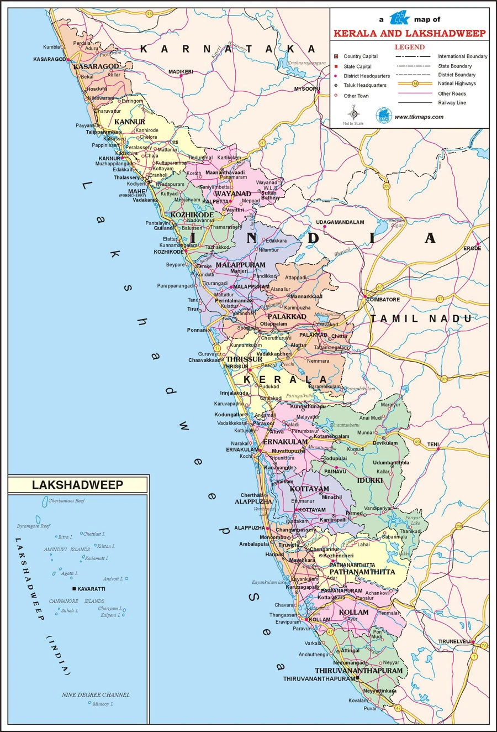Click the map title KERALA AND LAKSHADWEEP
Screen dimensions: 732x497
[409, 33]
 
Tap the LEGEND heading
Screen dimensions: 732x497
[409, 47]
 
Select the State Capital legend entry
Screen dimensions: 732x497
[357, 66]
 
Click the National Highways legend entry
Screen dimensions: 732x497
[457, 83]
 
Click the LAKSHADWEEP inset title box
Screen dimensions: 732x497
[77, 485]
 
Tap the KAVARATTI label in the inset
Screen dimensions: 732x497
[91, 589]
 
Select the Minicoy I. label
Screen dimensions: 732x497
[102, 704]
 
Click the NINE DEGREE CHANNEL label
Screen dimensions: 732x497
[96, 694]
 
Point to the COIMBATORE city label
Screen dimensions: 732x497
[383, 300]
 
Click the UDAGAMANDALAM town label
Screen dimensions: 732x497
[340, 222]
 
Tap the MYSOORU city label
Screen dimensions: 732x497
[306, 89]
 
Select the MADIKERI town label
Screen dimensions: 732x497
[181, 72]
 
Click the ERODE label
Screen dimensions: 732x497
[472, 248]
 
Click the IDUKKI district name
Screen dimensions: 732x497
[369, 480]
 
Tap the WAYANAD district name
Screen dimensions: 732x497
[232, 194]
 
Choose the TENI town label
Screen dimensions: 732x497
[433, 445]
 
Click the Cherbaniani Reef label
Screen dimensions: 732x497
[67, 501]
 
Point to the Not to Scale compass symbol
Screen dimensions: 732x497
[353, 114]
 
